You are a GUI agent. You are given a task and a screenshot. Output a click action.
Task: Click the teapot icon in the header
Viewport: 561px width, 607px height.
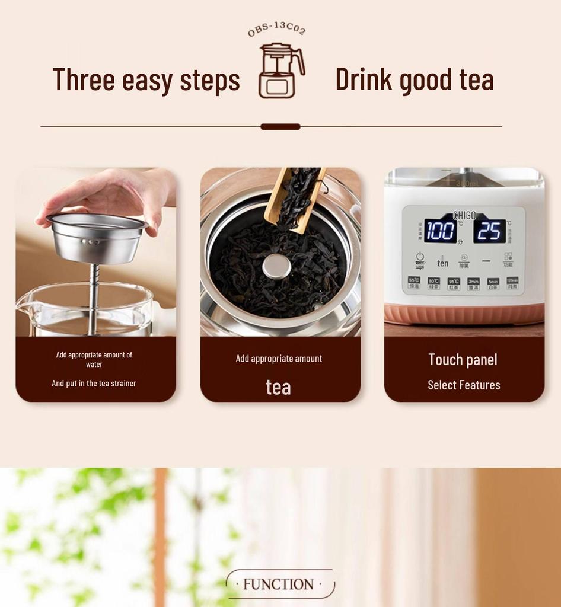pyautogui.click(x=280, y=70)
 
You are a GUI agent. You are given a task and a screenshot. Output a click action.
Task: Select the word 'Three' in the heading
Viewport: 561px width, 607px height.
pyautogui.click(x=83, y=79)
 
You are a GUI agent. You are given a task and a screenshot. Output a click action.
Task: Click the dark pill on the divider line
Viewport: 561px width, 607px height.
pyautogui.click(x=280, y=126)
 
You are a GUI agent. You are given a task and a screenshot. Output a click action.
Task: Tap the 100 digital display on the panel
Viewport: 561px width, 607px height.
pyautogui.click(x=440, y=231)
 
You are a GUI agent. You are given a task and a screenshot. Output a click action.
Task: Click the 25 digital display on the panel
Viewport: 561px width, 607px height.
pyautogui.click(x=489, y=231)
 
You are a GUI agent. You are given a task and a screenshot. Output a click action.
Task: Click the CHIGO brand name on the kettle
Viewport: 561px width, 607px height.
pyautogui.click(x=464, y=216)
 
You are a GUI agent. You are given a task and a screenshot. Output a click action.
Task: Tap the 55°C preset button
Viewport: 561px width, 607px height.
pyautogui.click(x=414, y=283)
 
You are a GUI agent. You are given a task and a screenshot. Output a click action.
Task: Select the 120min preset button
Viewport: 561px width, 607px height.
pyautogui.click(x=512, y=283)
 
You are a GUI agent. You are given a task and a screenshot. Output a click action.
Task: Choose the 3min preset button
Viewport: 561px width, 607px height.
pyautogui.click(x=473, y=283)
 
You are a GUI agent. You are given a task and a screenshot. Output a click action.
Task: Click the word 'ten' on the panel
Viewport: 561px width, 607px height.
pyautogui.click(x=443, y=263)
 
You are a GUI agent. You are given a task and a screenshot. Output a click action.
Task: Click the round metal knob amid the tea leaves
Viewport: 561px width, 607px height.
pyautogui.click(x=277, y=266)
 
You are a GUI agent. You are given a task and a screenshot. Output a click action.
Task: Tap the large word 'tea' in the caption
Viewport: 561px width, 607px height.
pyautogui.click(x=278, y=387)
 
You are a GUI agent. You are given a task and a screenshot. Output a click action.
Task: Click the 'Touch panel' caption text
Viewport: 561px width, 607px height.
pyautogui.click(x=463, y=360)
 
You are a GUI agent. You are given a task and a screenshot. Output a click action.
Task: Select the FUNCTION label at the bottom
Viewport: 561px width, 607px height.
pyautogui.click(x=279, y=584)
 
